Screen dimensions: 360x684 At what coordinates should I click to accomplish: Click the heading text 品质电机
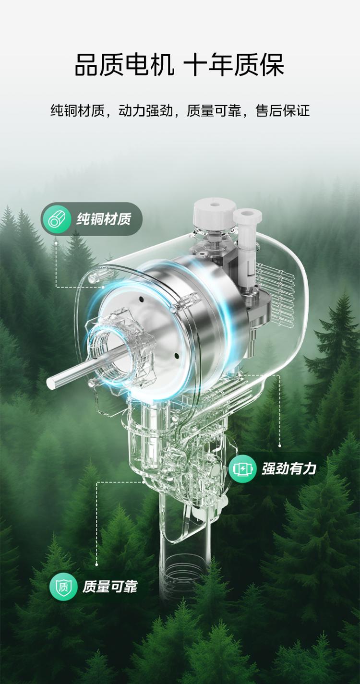[x=125, y=64]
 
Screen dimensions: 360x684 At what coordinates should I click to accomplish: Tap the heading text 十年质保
[x=234, y=64]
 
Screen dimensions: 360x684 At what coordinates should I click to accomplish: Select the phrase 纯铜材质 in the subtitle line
[x=78, y=110]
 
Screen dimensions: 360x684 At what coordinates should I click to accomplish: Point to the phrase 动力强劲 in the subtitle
[x=145, y=110]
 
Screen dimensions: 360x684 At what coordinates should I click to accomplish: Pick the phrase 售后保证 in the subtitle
[x=282, y=110]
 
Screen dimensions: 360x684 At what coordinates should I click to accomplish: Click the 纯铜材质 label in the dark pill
[x=104, y=219]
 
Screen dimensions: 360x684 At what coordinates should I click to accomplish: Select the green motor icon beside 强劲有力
[x=242, y=469]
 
